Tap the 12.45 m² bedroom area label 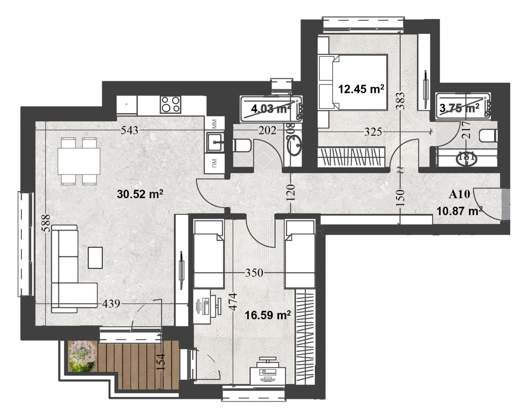point(361,89)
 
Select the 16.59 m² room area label point(268,315)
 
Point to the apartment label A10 point(459,195)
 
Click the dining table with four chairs point(79,161)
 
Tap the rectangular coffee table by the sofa point(95,258)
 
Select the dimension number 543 point(130,130)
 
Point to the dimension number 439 point(111,304)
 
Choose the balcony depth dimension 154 point(160,362)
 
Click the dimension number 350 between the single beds point(254,272)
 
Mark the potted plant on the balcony point(83,357)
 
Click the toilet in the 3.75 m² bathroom point(489,136)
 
